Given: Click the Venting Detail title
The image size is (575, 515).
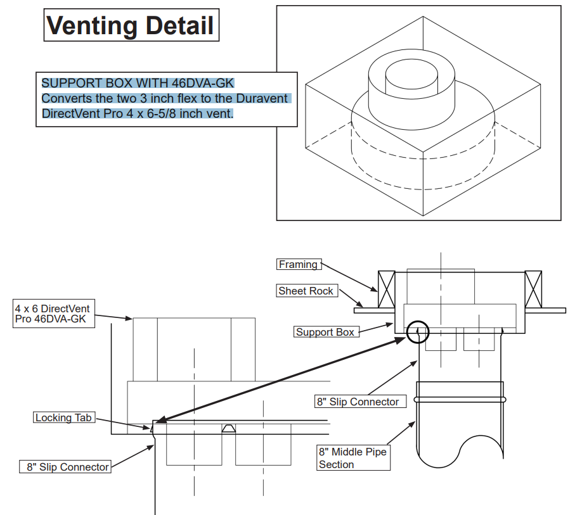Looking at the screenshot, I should point(131,25).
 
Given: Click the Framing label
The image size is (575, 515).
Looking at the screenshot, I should point(298,264).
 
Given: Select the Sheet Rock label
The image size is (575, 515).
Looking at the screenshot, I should point(306,291).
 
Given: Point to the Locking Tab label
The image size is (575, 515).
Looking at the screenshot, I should point(63,417).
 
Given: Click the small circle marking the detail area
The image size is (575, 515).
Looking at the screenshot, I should point(418,331).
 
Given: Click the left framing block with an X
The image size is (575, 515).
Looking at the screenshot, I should point(386,289).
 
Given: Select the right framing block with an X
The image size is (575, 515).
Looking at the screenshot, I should point(533,289).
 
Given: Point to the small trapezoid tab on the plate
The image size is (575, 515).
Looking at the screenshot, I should point(229,428).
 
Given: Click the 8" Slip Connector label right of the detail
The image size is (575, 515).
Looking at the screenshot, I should point(358,402).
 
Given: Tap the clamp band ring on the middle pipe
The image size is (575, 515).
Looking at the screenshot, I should point(460,400).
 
